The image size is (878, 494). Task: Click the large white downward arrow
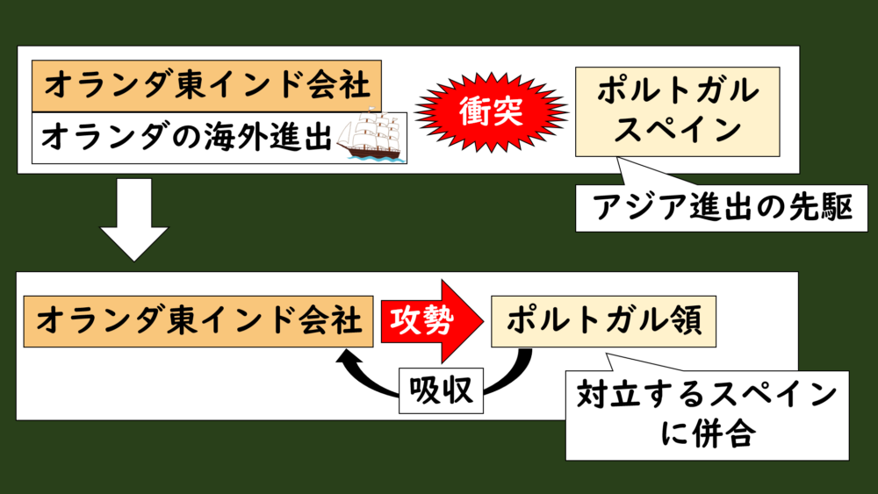[134, 219]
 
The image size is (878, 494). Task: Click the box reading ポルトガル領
[603, 321]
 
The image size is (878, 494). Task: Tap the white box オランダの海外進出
[184, 137]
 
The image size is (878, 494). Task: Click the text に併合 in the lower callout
[706, 434]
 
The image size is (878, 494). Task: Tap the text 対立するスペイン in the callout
[706, 397]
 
